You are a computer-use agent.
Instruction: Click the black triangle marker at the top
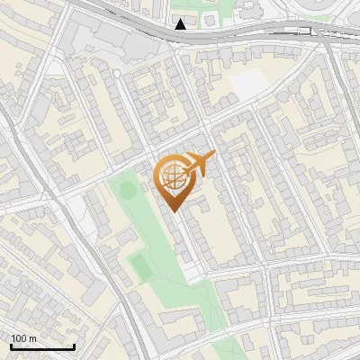pos(181,24)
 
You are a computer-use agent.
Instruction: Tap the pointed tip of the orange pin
pos(174,210)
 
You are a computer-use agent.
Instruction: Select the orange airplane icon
pos(197,164)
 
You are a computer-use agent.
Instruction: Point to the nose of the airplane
pos(214,157)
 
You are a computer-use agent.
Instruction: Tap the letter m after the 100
pos(32,338)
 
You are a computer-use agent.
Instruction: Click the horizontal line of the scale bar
pos(42,346)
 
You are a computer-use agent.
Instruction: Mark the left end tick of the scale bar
pos(11,346)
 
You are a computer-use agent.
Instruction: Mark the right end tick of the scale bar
pos(74,346)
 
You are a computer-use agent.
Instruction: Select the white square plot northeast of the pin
pos(250,84)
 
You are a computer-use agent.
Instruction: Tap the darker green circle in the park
pos(126,190)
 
